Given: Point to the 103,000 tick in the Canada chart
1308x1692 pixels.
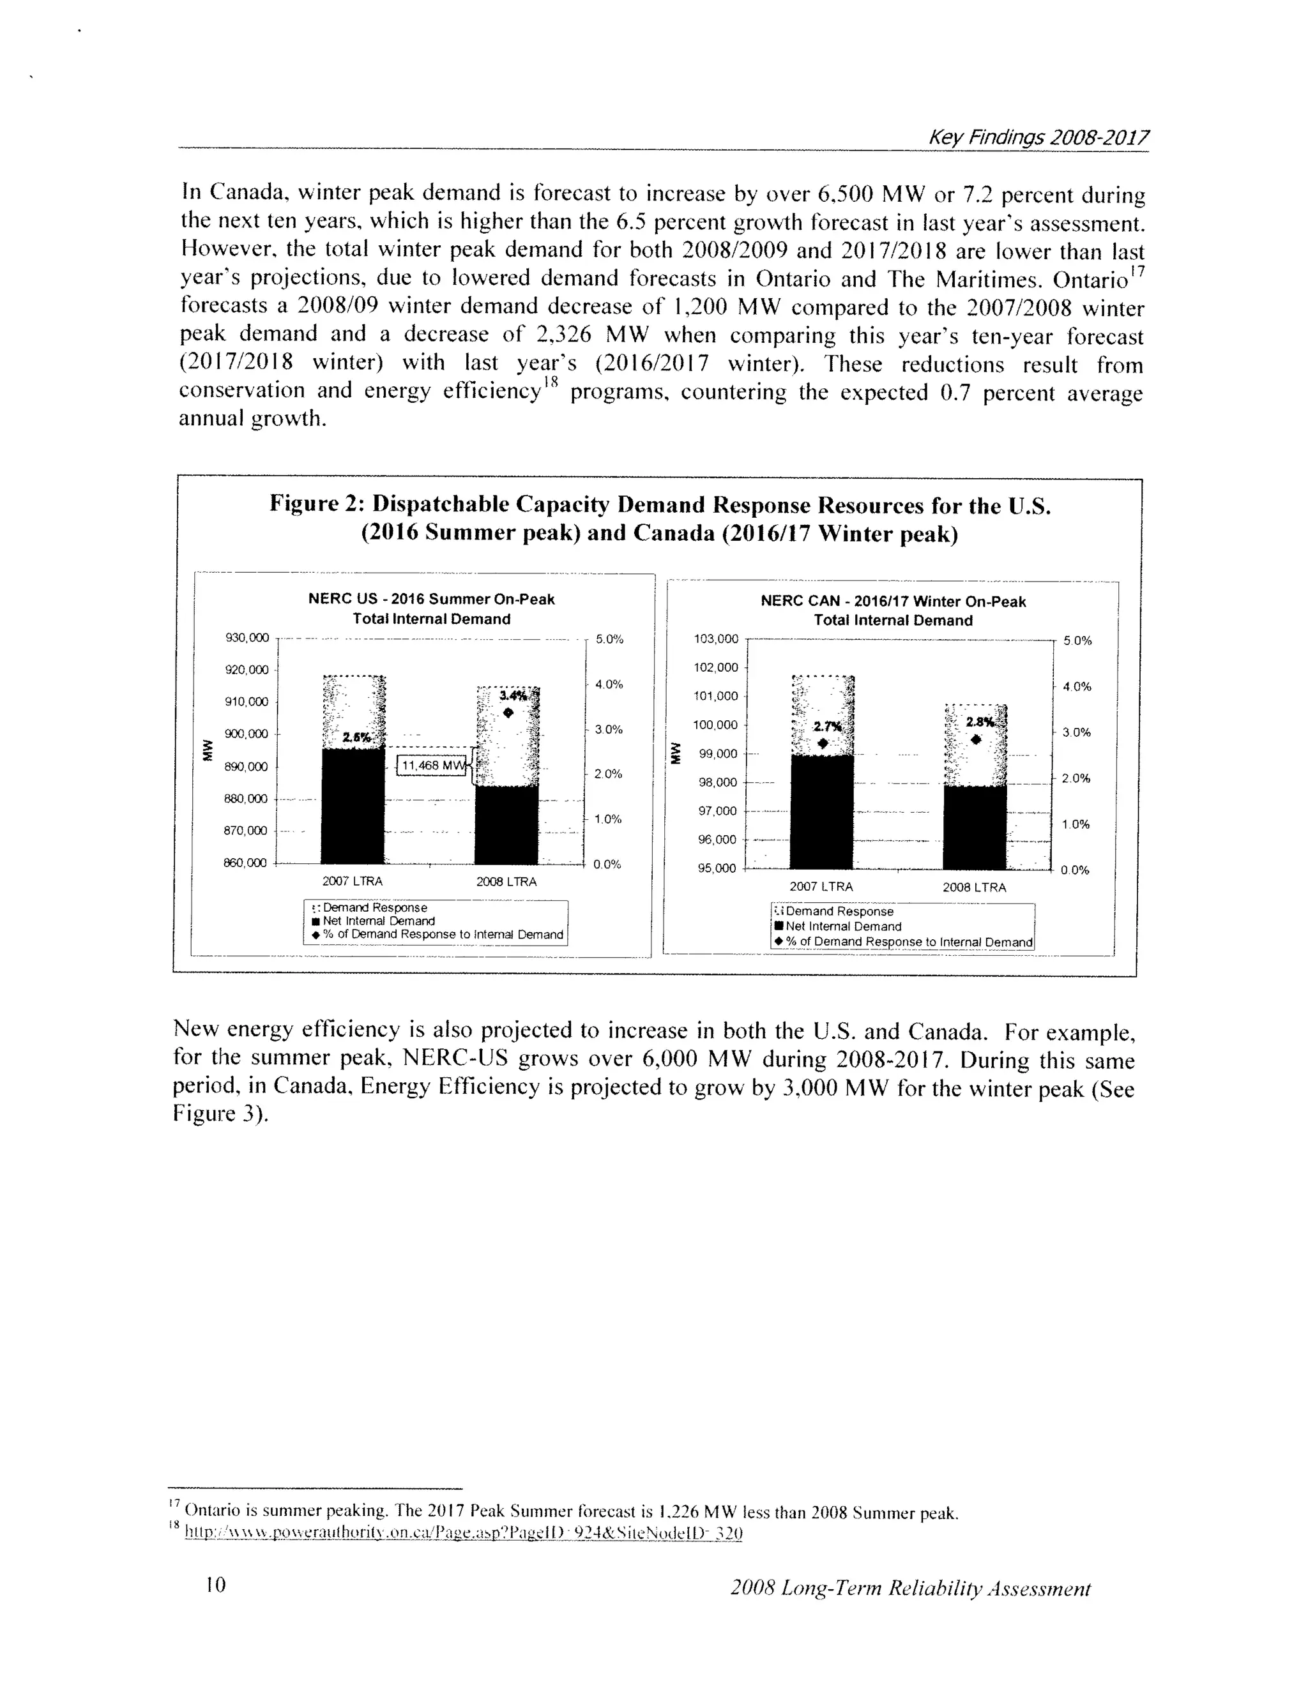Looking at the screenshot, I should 717,639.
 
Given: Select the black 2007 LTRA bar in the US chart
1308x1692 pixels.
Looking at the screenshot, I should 353,806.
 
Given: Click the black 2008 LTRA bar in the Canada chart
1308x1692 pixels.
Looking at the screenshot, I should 974,827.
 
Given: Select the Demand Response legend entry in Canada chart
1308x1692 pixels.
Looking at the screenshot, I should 839,912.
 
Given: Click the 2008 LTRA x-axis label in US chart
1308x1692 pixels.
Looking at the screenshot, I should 506,882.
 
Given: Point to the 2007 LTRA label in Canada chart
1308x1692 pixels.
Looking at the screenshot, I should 821,887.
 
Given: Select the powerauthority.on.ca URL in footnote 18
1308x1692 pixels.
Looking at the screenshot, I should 464,1533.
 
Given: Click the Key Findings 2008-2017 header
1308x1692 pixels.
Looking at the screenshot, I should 1038,138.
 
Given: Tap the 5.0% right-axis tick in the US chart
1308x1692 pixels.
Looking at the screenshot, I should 609,639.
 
